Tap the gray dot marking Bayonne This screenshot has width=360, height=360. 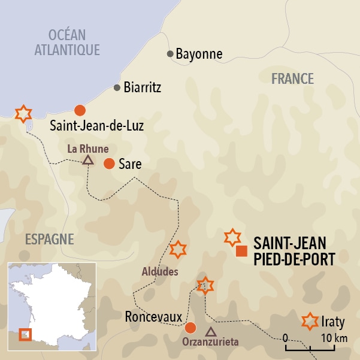click(171, 55)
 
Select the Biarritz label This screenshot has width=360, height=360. click(143, 87)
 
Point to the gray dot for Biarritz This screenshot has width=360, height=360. click(117, 87)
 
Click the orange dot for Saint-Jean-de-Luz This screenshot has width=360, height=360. click(79, 110)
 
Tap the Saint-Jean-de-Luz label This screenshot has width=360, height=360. click(97, 126)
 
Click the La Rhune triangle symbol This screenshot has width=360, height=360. click(88, 159)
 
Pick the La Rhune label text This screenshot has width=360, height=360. click(88, 147)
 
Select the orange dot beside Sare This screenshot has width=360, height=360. click(109, 164)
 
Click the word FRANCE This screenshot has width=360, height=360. click(292, 78)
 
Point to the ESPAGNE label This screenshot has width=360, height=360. click(49, 240)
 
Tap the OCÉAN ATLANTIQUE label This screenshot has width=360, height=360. click(66, 42)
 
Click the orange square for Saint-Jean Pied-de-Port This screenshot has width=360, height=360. click(241, 251)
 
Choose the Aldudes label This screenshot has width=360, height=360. click(160, 271)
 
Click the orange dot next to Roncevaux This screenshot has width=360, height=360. click(190, 328)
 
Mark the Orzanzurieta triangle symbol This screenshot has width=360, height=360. click(210, 331)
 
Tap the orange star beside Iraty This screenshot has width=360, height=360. click(310, 322)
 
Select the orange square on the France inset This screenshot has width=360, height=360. click(26, 334)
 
